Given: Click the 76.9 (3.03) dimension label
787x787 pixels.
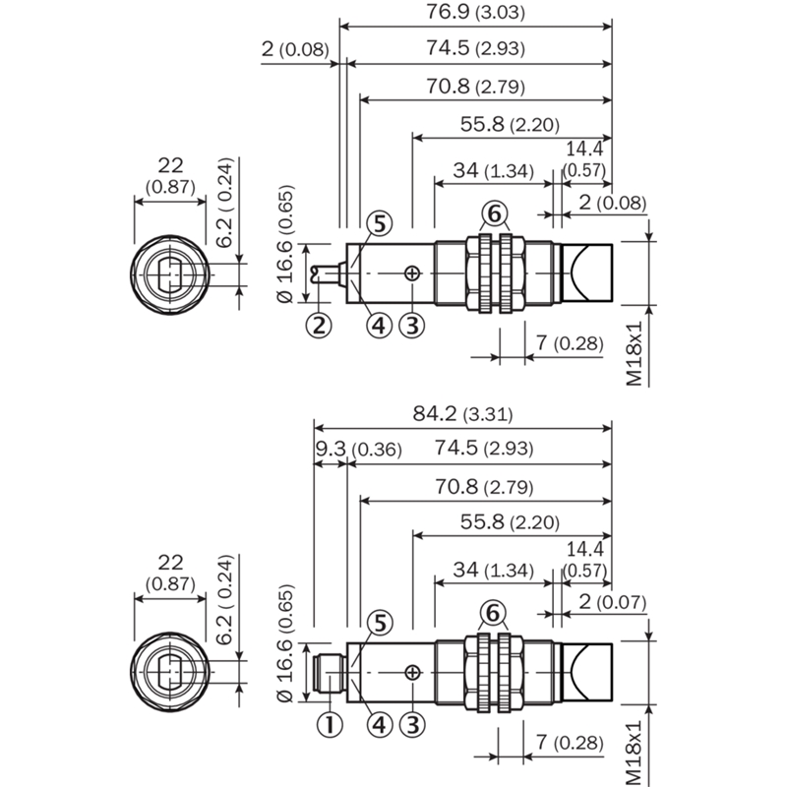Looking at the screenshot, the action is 475,12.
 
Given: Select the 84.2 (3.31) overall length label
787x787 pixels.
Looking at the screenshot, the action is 462,413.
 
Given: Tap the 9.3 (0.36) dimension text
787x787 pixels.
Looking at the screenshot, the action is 358,449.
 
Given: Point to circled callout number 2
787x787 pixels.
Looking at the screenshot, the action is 319,326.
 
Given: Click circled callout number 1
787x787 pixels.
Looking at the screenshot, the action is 330,725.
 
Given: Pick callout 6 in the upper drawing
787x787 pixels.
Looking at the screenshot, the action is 495,213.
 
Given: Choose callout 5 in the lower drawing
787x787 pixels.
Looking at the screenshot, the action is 380,623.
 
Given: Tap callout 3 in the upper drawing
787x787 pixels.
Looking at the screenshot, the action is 411,326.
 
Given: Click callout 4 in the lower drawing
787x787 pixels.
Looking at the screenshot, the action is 379,725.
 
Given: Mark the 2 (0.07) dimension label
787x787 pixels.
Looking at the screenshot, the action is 612,601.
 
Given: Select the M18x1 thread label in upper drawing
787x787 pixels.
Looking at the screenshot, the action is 634,354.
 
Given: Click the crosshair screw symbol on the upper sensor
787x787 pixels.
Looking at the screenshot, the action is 411,273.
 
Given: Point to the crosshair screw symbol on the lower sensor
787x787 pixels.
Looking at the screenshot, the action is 412,673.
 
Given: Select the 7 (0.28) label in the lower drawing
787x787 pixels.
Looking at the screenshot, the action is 570,742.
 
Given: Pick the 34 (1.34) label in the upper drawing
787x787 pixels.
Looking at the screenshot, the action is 494,170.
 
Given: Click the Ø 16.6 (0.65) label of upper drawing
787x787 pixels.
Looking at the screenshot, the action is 284,244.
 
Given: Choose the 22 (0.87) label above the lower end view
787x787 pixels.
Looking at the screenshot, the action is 170,573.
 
